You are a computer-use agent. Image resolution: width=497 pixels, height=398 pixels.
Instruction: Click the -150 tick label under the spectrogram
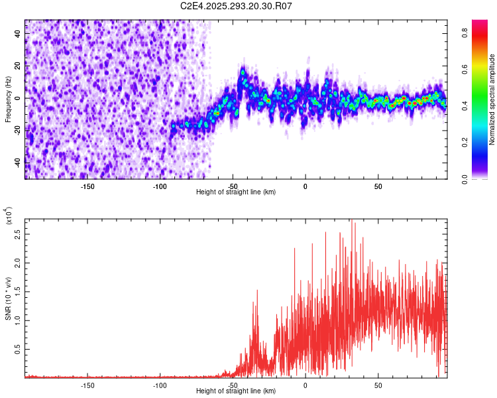87,186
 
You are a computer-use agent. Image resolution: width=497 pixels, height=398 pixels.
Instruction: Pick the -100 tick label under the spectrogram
160,186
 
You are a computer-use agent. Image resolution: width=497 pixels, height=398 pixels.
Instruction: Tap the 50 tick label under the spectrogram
378,186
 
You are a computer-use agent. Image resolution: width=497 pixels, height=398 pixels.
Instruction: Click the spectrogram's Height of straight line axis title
236,192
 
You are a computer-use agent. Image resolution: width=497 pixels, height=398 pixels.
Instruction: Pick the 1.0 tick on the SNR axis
17,320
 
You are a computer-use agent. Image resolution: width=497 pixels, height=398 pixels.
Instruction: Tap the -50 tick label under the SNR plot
233,385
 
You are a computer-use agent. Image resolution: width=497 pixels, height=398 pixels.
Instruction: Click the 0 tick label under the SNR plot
305,385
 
